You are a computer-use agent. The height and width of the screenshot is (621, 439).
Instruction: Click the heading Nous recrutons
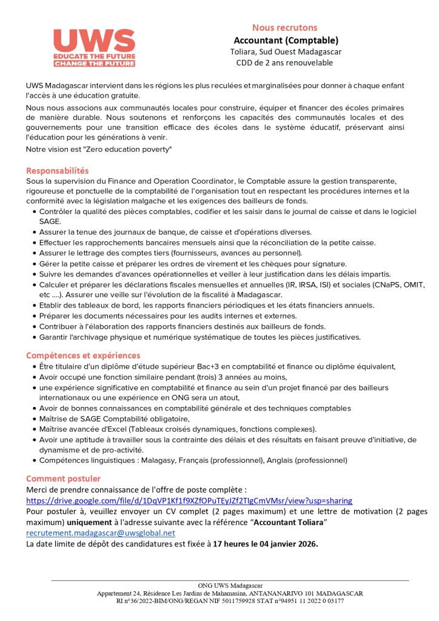coord(284,27)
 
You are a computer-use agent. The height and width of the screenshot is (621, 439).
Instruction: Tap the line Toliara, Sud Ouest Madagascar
coord(284,52)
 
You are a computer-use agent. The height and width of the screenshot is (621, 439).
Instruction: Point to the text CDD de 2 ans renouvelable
coord(284,62)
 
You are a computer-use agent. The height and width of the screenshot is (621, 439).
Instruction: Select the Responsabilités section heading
coord(58,171)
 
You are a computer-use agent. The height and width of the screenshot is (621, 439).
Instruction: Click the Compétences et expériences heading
coord(83,355)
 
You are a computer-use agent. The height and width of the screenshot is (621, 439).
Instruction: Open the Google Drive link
coord(189,501)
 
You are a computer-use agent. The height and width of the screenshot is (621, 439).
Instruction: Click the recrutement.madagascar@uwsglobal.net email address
coord(101,532)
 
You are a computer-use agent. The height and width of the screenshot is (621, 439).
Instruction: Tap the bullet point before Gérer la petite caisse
coord(33,264)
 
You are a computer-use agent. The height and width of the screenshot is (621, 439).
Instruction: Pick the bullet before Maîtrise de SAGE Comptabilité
coord(33,418)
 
